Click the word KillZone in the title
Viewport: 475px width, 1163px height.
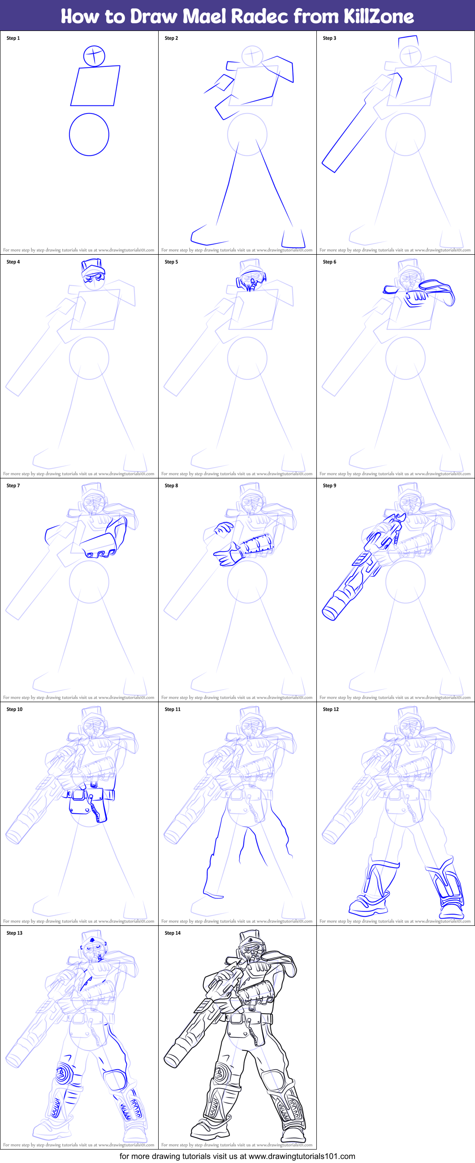pyautogui.click(x=378, y=16)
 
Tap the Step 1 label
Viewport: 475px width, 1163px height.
pyautogui.click(x=13, y=39)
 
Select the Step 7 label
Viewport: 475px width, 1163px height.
pyautogui.click(x=13, y=486)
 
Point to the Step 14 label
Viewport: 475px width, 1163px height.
pyautogui.click(x=173, y=933)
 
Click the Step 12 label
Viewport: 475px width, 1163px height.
pyautogui.click(x=331, y=709)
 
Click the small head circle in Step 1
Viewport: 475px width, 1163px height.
pyautogui.click(x=94, y=56)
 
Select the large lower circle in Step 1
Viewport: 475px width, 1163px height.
pyautogui.click(x=89, y=135)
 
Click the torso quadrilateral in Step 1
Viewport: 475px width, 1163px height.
pyautogui.click(x=95, y=86)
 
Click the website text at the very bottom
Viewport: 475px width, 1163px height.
pyautogui.click(x=237, y=1156)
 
